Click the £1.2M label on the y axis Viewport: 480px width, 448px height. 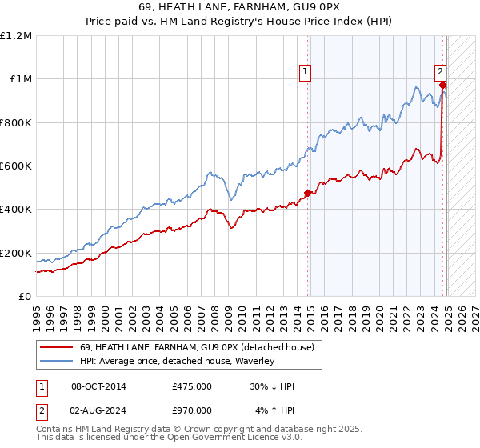click(x=16, y=36)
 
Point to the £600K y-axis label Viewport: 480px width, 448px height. click(x=16, y=166)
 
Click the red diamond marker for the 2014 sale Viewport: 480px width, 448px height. click(x=307, y=193)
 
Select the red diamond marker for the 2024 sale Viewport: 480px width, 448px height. click(x=442, y=86)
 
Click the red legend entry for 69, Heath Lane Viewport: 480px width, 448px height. click(x=197, y=347)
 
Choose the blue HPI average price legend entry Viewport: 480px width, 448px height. click(x=177, y=361)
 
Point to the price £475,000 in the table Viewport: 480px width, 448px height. click(x=192, y=386)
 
